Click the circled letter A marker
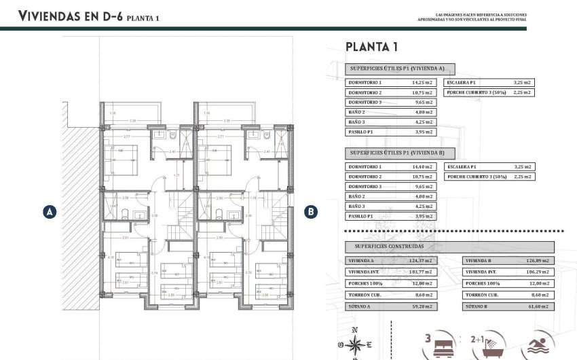49,212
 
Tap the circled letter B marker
310,212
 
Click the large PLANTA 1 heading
371,47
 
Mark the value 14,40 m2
422,167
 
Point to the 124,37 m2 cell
422,261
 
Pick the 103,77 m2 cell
422,272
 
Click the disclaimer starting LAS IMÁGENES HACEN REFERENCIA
472,17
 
